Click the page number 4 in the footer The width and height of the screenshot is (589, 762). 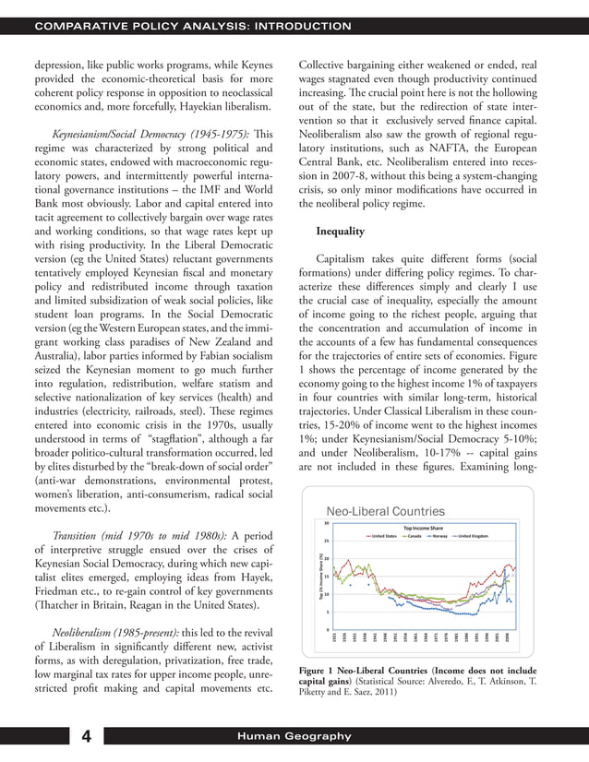[x=85, y=735]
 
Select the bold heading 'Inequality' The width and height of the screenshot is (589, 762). [x=341, y=230]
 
